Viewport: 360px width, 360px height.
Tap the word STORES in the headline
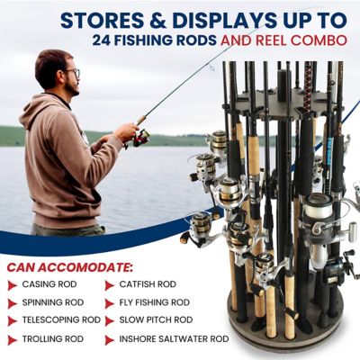[106, 18]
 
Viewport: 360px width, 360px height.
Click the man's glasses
[71, 73]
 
